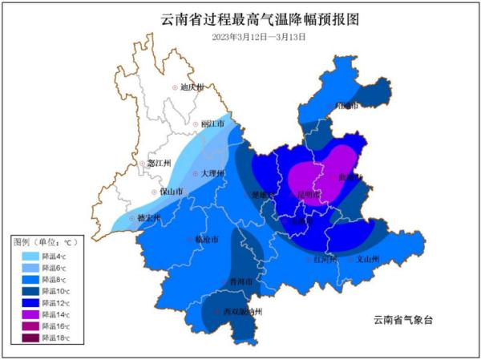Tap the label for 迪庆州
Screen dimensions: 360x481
[x=192, y=87]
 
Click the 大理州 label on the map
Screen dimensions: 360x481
[x=213, y=174]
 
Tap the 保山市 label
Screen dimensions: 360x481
[x=172, y=192]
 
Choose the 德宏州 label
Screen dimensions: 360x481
[x=148, y=217]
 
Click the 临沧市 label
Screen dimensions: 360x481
[x=205, y=239]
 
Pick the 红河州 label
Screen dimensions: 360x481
[x=325, y=259]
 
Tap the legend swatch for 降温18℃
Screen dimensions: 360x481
[x=29, y=339]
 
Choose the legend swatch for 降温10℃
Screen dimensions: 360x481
[x=29, y=292]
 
